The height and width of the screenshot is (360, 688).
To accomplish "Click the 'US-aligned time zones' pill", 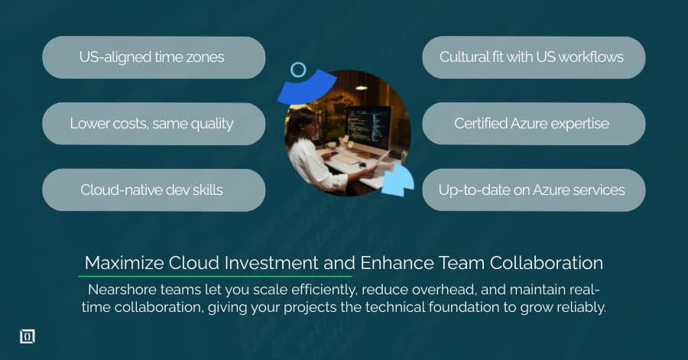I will pyautogui.click(x=153, y=57).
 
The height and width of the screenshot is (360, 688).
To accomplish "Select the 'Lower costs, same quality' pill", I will pyautogui.click(x=153, y=124).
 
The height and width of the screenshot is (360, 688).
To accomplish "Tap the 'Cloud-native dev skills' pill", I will pyautogui.click(x=153, y=190).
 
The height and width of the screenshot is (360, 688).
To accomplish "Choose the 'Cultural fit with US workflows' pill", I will pyautogui.click(x=534, y=57).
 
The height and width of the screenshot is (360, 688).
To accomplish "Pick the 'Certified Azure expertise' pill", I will pyautogui.click(x=534, y=124).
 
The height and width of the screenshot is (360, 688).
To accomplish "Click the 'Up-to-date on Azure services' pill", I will pyautogui.click(x=534, y=190).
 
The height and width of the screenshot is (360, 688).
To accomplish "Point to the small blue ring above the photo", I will pyautogui.click(x=298, y=70).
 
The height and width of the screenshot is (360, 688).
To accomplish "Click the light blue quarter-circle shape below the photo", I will pyautogui.click(x=399, y=182).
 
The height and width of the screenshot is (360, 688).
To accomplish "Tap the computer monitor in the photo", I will pyautogui.click(x=368, y=125).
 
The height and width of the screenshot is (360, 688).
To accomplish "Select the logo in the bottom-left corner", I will pyautogui.click(x=27, y=336).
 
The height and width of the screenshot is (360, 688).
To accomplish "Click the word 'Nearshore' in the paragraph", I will pyautogui.click(x=124, y=290).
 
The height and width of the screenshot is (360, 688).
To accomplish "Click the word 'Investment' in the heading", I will pyautogui.click(x=274, y=263).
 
